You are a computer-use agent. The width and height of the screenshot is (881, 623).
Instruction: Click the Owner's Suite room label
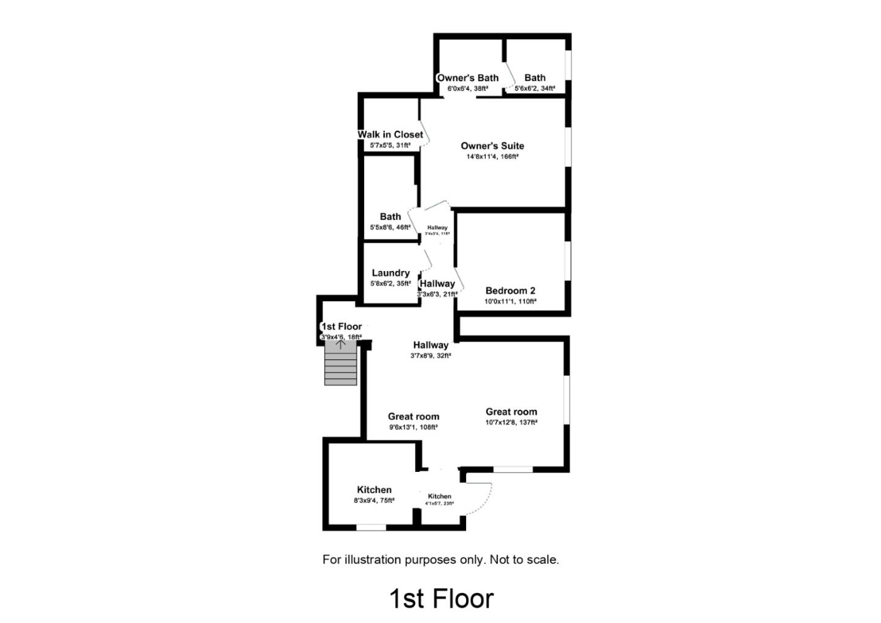(x=492, y=146)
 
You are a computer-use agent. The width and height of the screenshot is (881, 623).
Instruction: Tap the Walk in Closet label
(x=390, y=135)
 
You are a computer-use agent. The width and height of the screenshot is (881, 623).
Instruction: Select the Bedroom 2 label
(x=510, y=291)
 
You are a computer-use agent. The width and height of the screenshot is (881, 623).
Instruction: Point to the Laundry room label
(x=390, y=273)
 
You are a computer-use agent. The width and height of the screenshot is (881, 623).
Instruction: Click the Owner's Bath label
(x=467, y=78)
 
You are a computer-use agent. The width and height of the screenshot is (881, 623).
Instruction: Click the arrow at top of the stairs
(x=341, y=344)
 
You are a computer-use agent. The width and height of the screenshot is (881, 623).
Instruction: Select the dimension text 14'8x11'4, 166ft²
(x=492, y=157)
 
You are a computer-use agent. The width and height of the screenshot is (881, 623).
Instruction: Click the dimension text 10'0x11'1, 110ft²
(x=510, y=301)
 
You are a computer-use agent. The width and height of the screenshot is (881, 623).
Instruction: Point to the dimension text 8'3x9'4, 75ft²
(x=374, y=501)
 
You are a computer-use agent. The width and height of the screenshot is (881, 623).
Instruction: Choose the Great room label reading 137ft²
(x=511, y=412)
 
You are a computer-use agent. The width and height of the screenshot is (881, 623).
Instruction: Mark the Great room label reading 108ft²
(x=413, y=417)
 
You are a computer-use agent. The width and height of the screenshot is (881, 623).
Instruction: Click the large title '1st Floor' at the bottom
(x=441, y=599)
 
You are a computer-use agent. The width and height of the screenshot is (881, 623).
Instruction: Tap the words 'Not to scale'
(x=524, y=559)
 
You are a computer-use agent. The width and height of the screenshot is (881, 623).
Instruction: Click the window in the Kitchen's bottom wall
(x=371, y=527)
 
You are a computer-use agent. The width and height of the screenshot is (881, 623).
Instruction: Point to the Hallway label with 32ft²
(x=430, y=345)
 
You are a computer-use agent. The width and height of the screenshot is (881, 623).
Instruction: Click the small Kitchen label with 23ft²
(x=439, y=496)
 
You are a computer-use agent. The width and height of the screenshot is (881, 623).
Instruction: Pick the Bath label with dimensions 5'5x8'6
(x=390, y=217)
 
